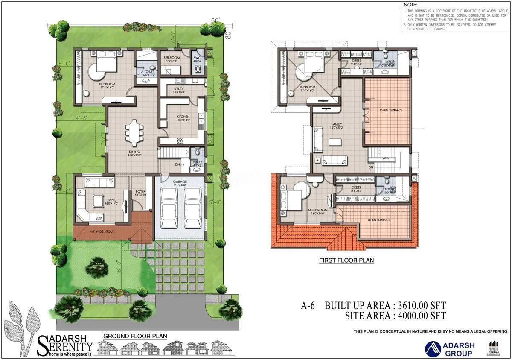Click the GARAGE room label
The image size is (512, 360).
(x=180, y=181)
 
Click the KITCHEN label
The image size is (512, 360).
(x=183, y=117)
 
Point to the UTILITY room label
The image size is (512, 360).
(x=178, y=89)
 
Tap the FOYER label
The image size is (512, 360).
(x=140, y=191)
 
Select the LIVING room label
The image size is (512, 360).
(x=111, y=199)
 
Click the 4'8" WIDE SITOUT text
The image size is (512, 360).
(x=101, y=232)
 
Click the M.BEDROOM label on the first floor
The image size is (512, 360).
(x=317, y=210)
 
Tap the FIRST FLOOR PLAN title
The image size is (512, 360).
(x=346, y=260)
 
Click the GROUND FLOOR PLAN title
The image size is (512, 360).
(x=135, y=337)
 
